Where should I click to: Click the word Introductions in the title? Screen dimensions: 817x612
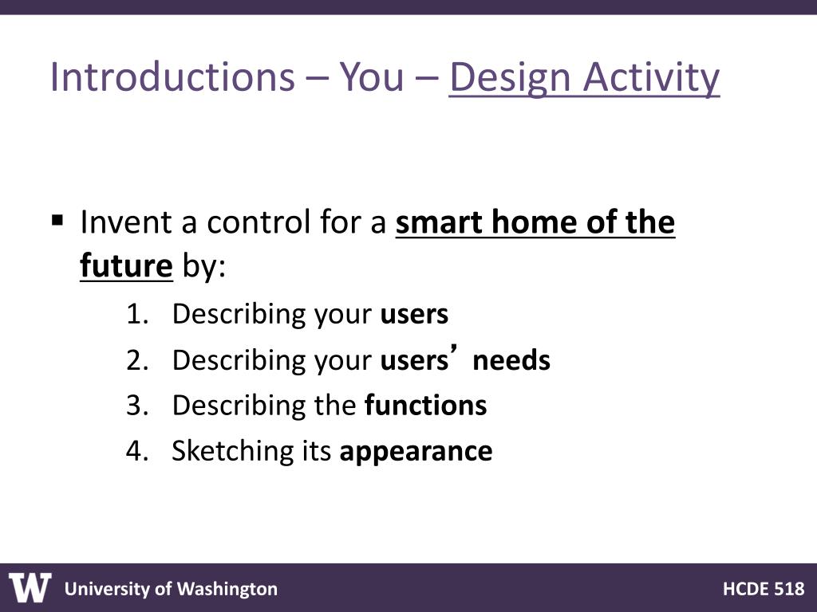click(172, 77)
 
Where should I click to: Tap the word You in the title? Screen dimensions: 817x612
click(372, 77)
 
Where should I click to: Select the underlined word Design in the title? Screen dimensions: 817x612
click(510, 79)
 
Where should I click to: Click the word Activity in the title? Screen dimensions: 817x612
click(651, 79)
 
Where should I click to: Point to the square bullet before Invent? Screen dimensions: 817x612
click(57, 221)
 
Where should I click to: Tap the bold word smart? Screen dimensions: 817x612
click(439, 223)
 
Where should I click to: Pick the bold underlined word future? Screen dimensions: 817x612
click(126, 265)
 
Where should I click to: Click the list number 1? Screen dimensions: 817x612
click(137, 314)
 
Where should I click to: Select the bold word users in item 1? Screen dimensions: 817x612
click(414, 315)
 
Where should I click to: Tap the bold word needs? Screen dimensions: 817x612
click(511, 360)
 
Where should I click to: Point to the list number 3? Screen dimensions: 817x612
click(137, 405)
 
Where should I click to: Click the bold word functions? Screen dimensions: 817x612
click(426, 405)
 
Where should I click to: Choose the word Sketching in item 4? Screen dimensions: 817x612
click(233, 451)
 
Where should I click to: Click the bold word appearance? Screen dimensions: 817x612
click(416, 452)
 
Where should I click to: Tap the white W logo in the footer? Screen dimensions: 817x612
click(30, 587)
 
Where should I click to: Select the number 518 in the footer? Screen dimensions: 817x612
click(789, 589)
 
